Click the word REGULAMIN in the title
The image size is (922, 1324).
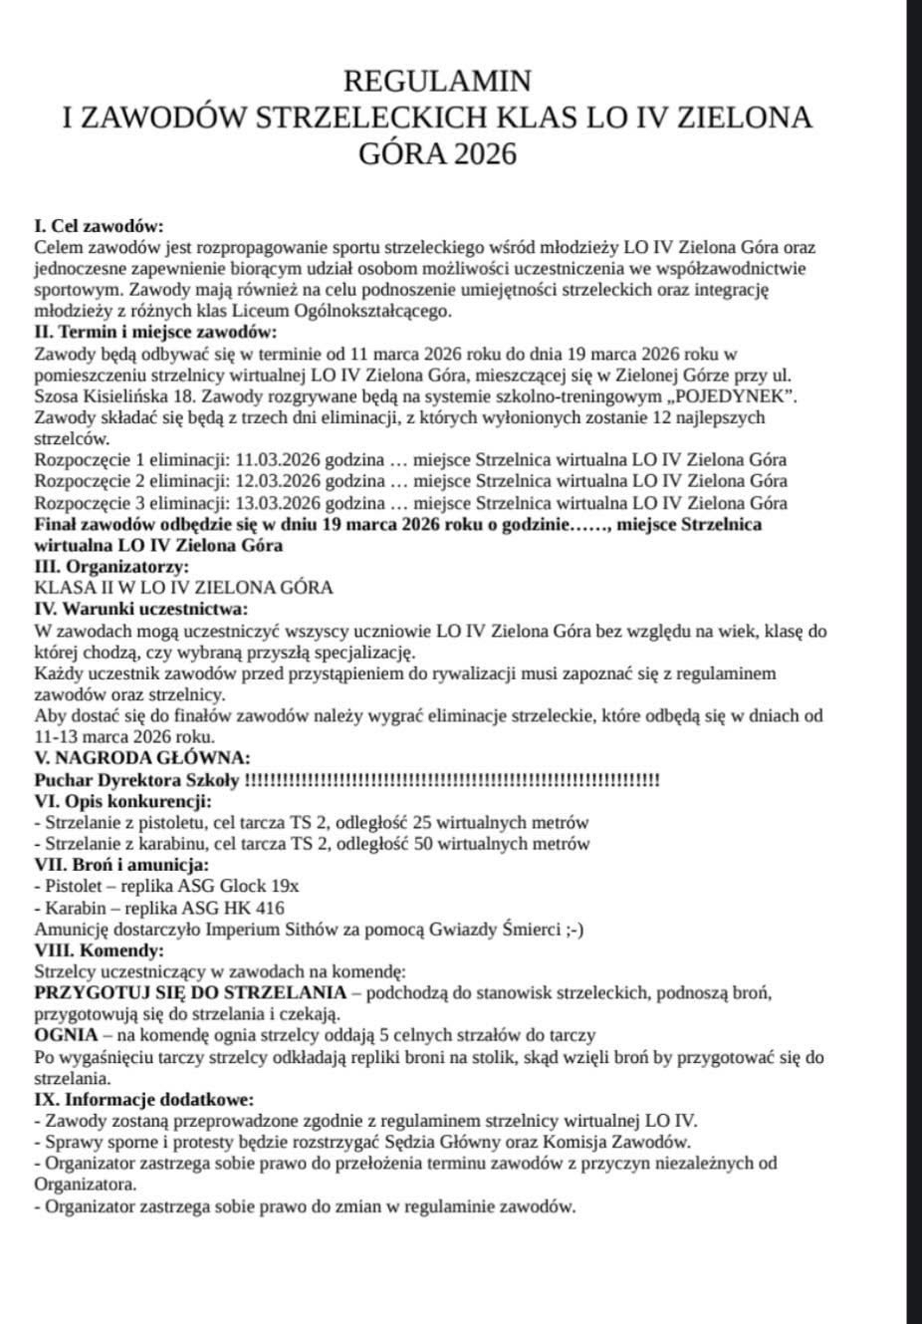coord(437,81)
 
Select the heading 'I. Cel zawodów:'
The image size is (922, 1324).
coord(99,226)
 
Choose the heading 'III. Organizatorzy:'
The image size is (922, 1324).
coord(112,567)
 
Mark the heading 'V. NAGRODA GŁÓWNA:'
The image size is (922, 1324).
coord(142,758)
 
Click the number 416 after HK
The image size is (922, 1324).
coord(269,908)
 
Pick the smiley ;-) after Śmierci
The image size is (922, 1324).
coord(574,929)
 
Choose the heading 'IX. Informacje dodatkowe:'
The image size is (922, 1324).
coord(143,1100)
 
